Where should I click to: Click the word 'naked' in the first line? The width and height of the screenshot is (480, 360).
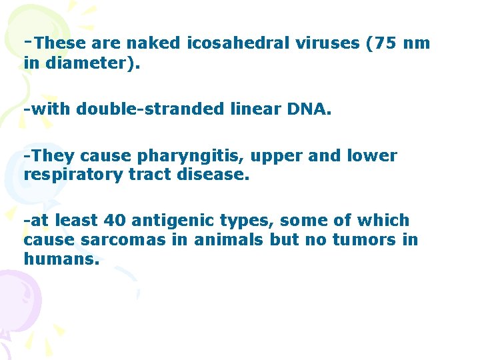[x=153, y=45]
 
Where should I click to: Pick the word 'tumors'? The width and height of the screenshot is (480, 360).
[x=355, y=240]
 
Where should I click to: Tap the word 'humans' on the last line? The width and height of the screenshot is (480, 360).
[x=61, y=259]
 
